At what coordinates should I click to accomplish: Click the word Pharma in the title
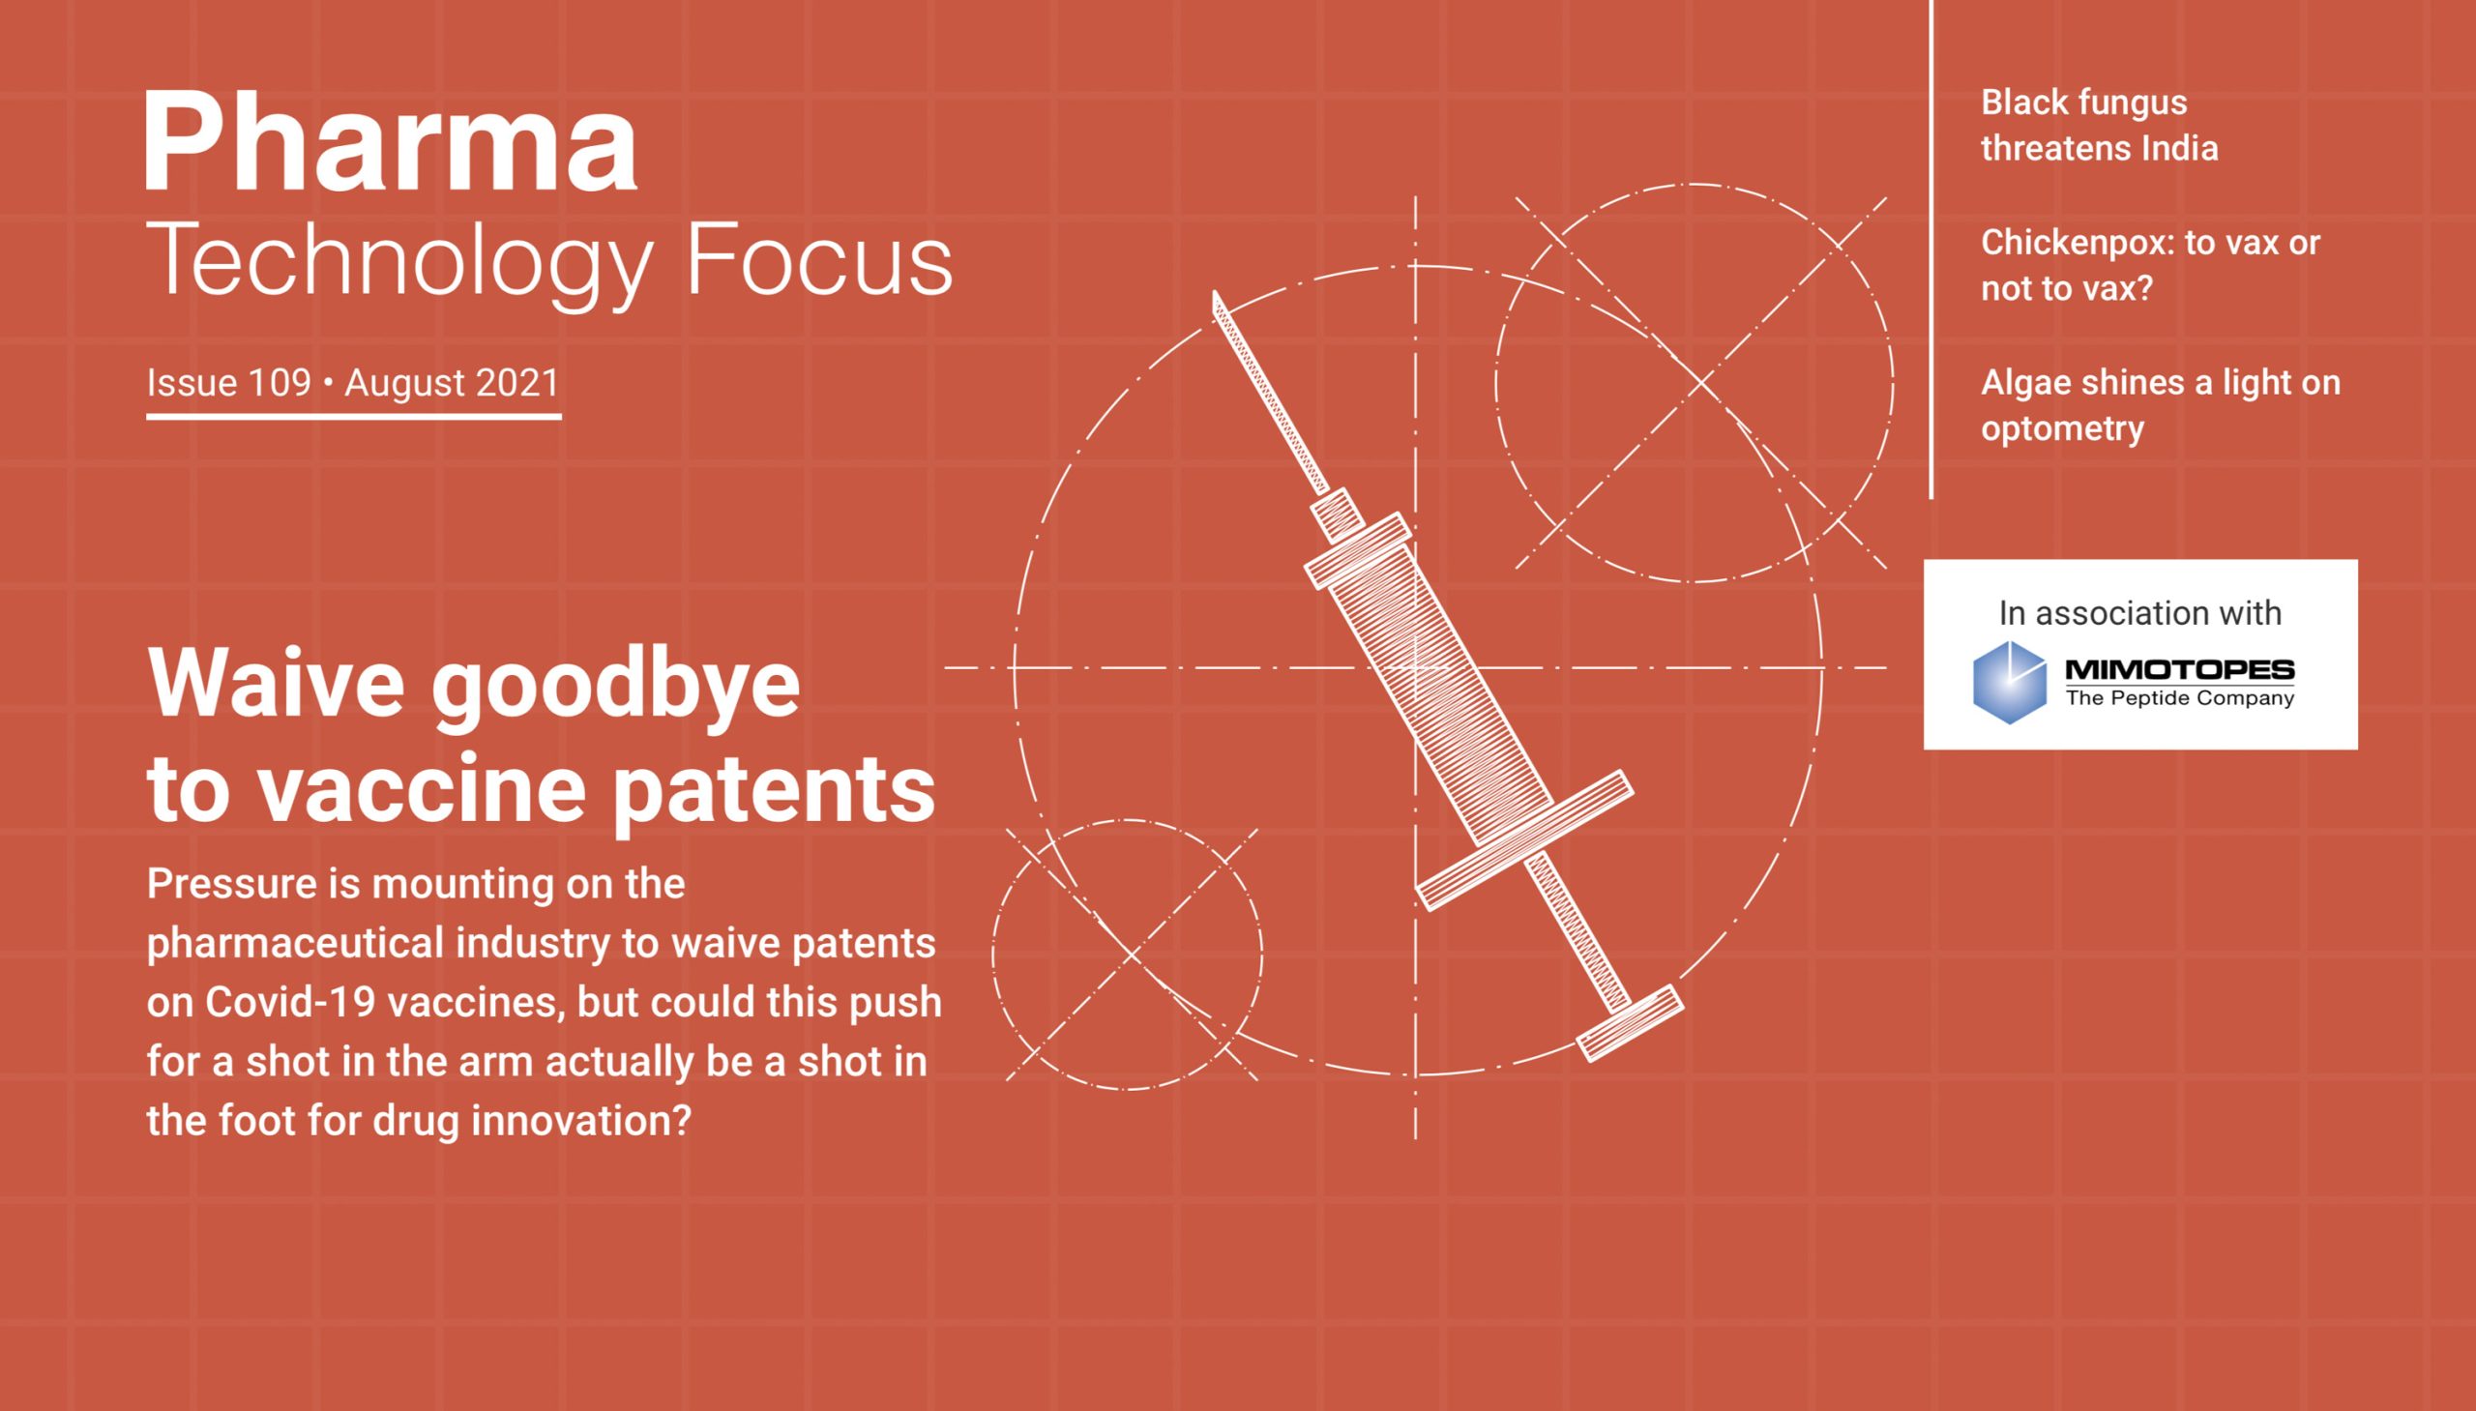(391, 142)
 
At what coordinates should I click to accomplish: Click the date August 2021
(452, 383)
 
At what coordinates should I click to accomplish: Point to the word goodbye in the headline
(615, 686)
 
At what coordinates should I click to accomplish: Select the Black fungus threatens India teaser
(2098, 125)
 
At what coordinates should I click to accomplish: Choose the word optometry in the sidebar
(2061, 428)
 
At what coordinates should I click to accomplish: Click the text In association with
(2139, 612)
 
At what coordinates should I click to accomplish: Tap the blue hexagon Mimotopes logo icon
(2009, 682)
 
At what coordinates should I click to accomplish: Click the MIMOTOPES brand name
(2179, 669)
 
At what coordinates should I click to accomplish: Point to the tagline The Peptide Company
(2179, 697)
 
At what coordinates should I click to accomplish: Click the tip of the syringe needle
(1215, 297)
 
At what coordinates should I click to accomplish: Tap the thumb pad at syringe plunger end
(1630, 1023)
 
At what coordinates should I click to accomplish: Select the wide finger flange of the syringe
(1524, 840)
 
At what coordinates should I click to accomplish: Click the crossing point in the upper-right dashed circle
(1701, 384)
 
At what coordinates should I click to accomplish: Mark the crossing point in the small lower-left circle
(1131, 955)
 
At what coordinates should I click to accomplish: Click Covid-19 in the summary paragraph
(290, 1002)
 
